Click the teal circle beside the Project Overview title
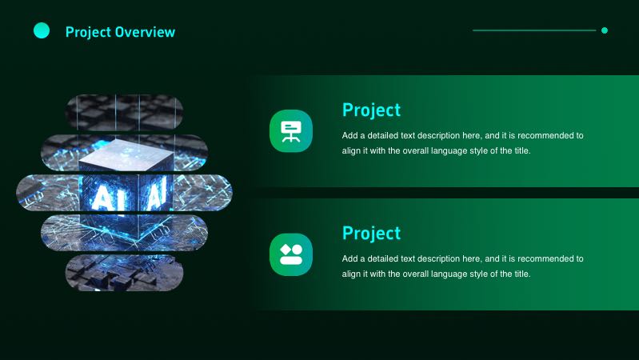point(42,31)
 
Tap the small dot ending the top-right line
point(605,30)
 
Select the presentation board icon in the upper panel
point(290,130)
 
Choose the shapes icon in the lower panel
point(290,254)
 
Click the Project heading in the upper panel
point(371,110)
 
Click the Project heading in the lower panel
point(371,233)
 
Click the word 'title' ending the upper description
point(521,150)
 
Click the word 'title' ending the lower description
point(521,274)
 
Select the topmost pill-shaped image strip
point(124,111)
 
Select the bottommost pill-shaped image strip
point(124,272)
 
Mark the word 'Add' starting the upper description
point(349,135)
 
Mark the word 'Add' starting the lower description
point(349,258)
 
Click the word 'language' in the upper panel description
point(448,150)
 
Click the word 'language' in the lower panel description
point(448,274)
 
